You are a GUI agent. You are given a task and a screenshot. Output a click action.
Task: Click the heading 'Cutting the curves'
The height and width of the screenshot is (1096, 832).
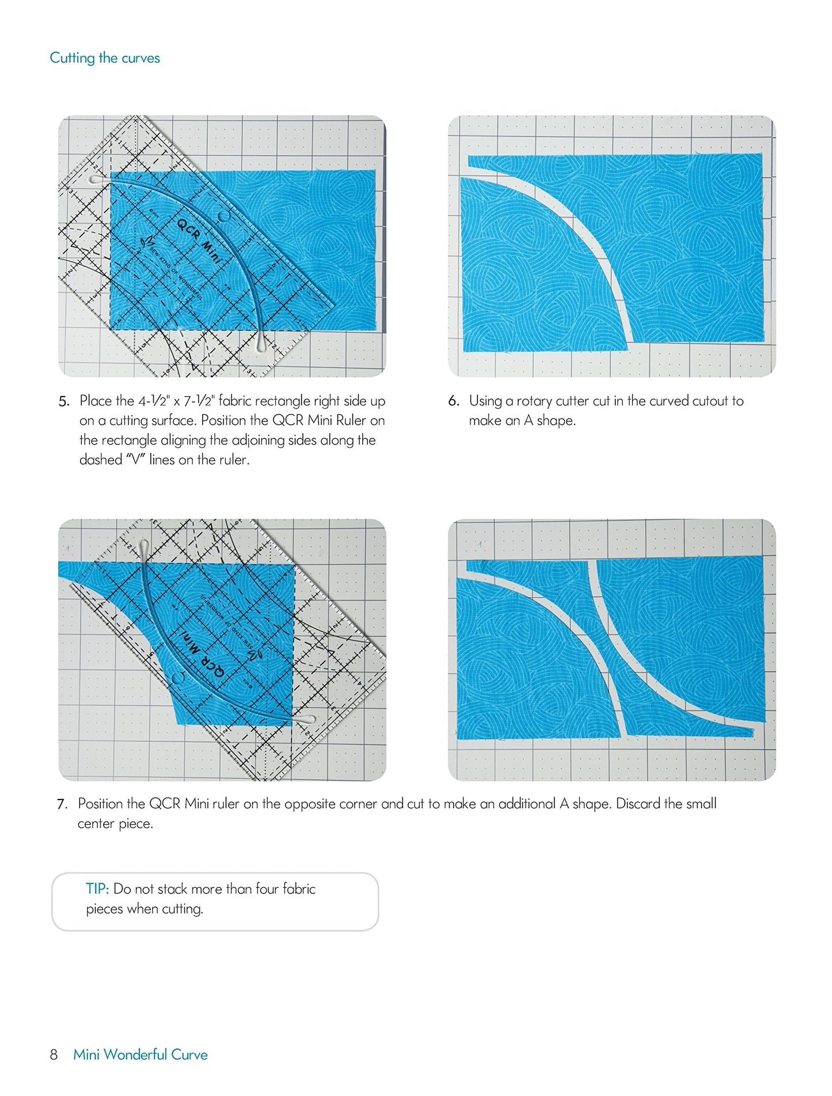click(104, 58)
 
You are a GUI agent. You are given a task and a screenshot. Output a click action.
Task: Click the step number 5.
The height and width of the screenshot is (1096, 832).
click(63, 402)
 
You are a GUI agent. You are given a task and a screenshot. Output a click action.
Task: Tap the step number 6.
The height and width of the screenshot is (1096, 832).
click(453, 401)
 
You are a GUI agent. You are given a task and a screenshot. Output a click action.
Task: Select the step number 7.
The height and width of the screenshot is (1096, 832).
click(62, 804)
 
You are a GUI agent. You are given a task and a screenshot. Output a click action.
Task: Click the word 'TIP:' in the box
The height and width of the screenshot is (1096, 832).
click(97, 889)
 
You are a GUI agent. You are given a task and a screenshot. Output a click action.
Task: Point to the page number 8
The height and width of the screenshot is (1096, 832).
click(54, 1055)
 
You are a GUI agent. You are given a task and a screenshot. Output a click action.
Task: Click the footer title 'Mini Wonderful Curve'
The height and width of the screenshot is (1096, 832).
click(140, 1055)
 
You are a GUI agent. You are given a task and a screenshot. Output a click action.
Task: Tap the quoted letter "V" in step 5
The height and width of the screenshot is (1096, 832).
click(135, 459)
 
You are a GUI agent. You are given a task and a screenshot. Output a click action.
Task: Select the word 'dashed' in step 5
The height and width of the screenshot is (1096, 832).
click(101, 459)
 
